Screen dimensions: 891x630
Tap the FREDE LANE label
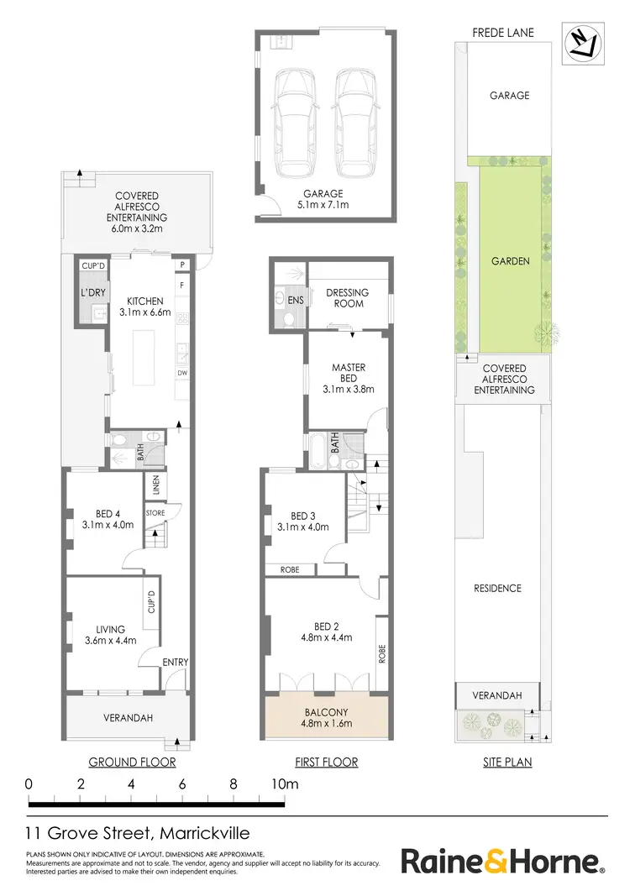tap(503, 33)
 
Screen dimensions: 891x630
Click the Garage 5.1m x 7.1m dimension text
tap(324, 199)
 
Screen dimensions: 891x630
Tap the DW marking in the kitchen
tap(181, 373)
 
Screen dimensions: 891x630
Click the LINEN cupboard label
tap(155, 485)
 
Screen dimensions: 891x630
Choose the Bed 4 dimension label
tap(96, 521)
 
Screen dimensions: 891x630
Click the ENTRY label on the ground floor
tap(176, 663)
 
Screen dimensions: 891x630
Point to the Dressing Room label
tap(347, 298)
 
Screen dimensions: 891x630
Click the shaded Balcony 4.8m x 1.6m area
tap(327, 718)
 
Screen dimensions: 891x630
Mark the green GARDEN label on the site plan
tap(510, 261)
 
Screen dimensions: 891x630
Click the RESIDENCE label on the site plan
tap(497, 588)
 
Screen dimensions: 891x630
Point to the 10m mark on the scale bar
tap(284, 784)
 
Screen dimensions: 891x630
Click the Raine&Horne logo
tap(502, 862)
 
